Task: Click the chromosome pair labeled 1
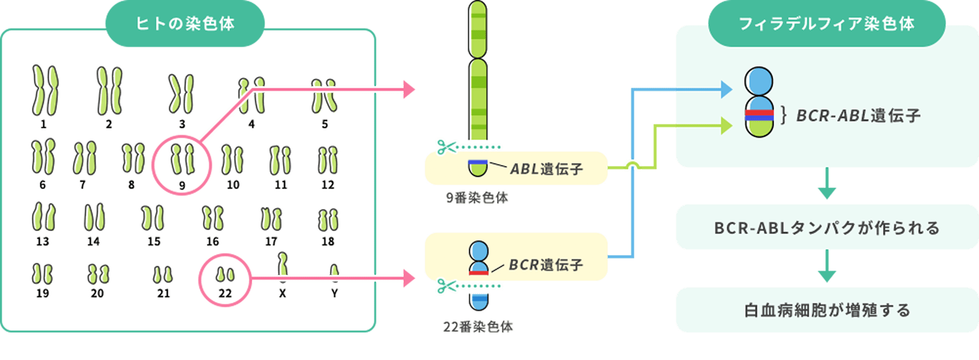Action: pos(45,90)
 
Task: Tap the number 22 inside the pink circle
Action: pos(225,293)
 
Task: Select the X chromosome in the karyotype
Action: pos(282,268)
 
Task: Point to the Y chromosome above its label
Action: pos(334,273)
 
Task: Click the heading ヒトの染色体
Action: pos(185,23)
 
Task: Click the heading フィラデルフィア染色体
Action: pos(826,23)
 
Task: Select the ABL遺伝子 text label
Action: pos(546,169)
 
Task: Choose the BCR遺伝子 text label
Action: pos(546,265)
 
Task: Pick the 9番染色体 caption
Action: pos(477,198)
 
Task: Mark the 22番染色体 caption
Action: pos(478,327)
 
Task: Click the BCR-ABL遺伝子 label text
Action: pos(858,115)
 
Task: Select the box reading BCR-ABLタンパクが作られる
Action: pos(827,227)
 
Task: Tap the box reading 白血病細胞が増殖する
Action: pos(827,310)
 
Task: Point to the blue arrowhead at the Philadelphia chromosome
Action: pos(726,89)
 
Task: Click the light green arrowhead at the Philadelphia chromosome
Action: pos(726,126)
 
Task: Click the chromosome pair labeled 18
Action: pos(328,220)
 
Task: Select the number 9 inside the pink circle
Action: pos(182,186)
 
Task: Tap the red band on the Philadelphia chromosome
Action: pos(759,112)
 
